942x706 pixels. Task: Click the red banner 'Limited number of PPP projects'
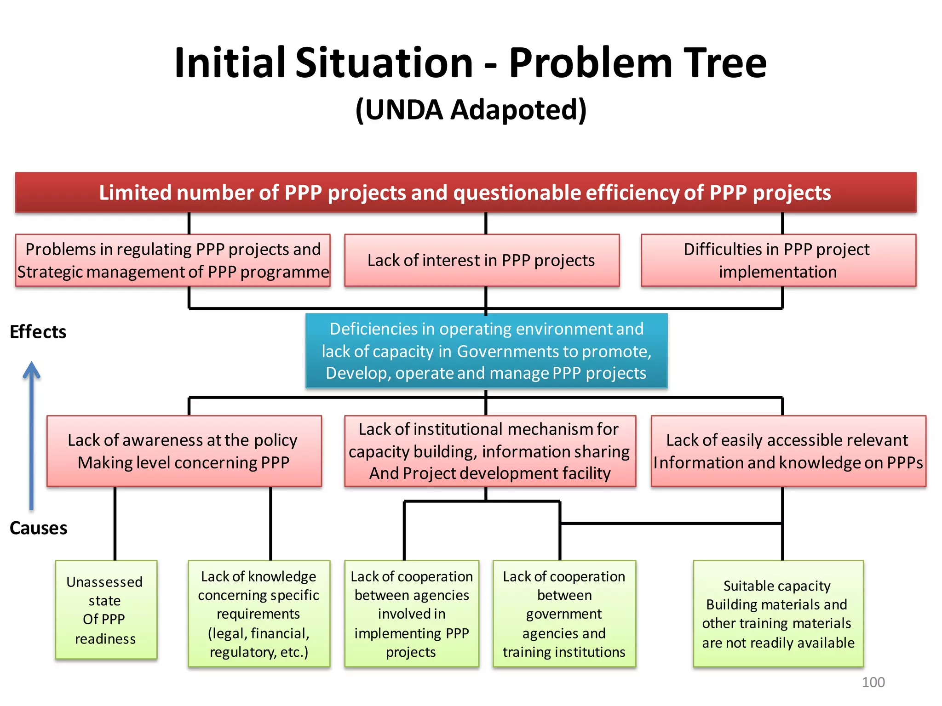tap(465, 192)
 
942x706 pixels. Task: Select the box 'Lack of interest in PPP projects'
tap(482, 260)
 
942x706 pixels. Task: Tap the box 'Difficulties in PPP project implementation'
tap(778, 260)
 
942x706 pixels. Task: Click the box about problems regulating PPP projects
tap(173, 260)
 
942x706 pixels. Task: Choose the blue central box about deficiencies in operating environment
tap(486, 351)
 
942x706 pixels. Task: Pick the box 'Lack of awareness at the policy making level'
tap(184, 451)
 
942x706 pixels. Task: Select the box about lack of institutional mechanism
tap(490, 451)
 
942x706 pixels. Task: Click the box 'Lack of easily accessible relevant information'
tap(788, 451)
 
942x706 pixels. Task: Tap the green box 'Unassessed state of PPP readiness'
tap(106, 610)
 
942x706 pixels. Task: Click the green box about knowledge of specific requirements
tap(259, 614)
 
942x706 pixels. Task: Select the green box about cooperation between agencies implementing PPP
tap(412, 614)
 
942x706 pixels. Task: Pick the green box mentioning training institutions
tap(564, 614)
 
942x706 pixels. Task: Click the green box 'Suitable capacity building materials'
tap(778, 614)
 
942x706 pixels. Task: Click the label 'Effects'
tap(38, 332)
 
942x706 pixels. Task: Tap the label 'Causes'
tap(39, 528)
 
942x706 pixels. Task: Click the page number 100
tap(873, 682)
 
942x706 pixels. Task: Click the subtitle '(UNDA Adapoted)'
tap(471, 110)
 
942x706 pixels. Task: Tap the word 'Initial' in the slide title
tap(230, 63)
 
